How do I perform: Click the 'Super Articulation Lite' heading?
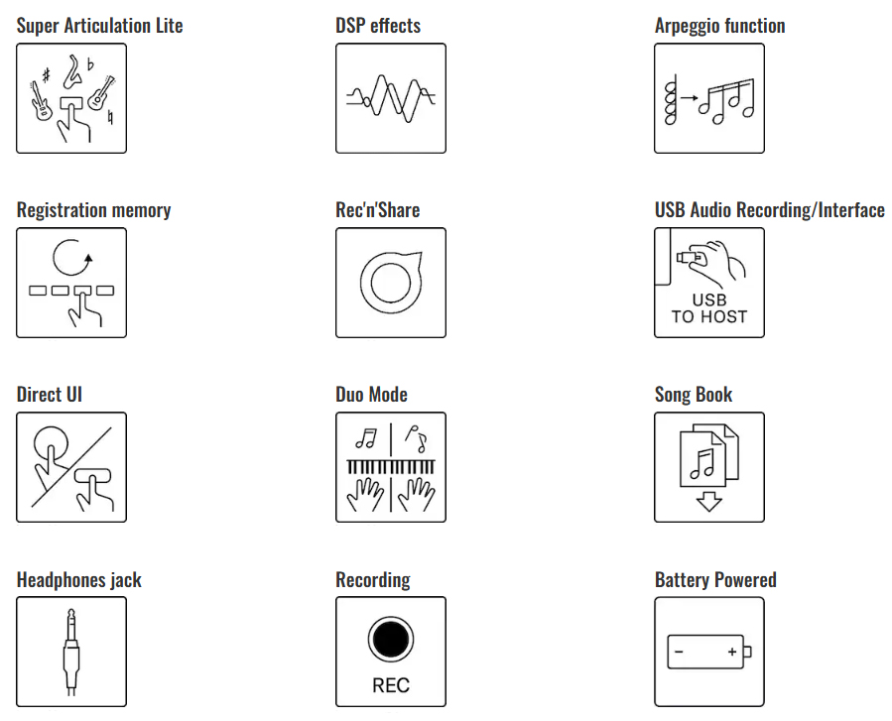pyautogui.click(x=100, y=26)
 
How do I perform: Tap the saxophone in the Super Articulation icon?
pyautogui.click(x=71, y=70)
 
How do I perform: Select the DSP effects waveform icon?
pyautogui.click(x=390, y=98)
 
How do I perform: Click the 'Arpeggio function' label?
pyautogui.click(x=719, y=26)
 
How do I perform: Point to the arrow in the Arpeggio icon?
pyautogui.click(x=689, y=99)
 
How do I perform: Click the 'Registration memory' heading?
pyautogui.click(x=93, y=210)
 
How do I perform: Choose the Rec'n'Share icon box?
pyautogui.click(x=390, y=283)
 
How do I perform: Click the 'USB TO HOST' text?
pyautogui.click(x=708, y=308)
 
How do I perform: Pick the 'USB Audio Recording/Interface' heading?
pyautogui.click(x=769, y=210)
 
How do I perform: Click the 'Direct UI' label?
pyautogui.click(x=50, y=395)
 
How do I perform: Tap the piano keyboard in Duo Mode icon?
pyautogui.click(x=390, y=466)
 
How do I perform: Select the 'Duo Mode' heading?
pyautogui.click(x=371, y=395)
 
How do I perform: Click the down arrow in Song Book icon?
pyautogui.click(x=708, y=501)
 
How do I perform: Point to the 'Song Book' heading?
pyautogui.click(x=693, y=395)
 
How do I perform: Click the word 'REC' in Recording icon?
pyautogui.click(x=390, y=685)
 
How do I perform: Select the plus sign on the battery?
pyautogui.click(x=731, y=652)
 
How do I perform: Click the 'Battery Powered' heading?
pyautogui.click(x=715, y=580)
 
